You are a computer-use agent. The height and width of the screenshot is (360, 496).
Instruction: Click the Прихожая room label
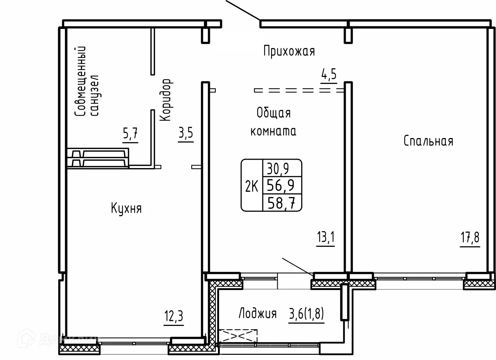(x=289, y=52)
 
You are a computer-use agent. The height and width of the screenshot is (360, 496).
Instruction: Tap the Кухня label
(x=126, y=208)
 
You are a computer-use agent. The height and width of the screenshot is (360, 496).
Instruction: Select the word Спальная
(x=429, y=141)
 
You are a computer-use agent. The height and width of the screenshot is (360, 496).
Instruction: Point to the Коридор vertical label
(x=166, y=100)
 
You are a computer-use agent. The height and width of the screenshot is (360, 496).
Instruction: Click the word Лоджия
(x=258, y=313)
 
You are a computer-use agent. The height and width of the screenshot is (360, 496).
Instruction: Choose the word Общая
(x=274, y=113)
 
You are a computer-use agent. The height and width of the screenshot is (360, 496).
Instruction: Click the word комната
(x=273, y=131)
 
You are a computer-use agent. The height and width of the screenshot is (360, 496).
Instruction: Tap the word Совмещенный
(x=80, y=81)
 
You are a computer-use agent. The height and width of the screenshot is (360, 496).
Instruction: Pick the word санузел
(x=95, y=96)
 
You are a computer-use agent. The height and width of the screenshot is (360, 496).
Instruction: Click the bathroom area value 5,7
(x=130, y=133)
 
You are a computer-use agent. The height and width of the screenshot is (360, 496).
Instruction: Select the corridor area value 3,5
(x=186, y=133)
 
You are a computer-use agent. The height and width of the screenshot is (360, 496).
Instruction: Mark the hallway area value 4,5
(x=329, y=74)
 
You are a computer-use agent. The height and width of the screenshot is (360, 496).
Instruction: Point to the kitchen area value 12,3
(x=174, y=316)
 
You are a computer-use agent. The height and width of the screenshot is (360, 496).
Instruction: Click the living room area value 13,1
(x=326, y=237)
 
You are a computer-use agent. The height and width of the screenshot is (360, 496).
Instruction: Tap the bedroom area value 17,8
(x=470, y=237)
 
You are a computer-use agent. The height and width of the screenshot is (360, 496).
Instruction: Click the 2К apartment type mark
(x=252, y=186)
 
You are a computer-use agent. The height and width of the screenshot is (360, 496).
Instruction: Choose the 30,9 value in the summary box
(x=278, y=169)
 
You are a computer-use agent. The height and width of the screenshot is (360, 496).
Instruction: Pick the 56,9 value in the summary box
(x=281, y=185)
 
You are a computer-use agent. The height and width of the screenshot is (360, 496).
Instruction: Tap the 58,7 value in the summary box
(x=281, y=203)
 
